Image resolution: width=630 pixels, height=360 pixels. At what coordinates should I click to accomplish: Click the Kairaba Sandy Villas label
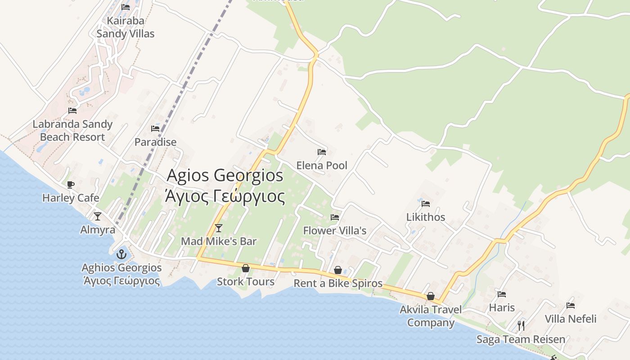pos(125,27)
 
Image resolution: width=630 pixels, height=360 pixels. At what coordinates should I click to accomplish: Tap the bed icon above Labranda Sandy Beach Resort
pos(72,110)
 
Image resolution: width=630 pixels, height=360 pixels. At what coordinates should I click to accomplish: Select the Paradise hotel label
pos(155,142)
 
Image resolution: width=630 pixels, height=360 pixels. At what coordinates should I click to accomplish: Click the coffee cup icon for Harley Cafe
pos(70,184)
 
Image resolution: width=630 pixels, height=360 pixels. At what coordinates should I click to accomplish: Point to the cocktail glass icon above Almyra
pos(97,216)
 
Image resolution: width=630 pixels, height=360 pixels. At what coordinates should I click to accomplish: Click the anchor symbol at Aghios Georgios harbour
pos(121,255)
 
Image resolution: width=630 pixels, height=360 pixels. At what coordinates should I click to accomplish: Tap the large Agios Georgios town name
pos(225,175)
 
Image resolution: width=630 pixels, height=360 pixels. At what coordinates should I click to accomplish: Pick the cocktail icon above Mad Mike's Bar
pos(219,228)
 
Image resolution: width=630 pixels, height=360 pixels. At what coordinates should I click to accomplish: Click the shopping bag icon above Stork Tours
pos(246,269)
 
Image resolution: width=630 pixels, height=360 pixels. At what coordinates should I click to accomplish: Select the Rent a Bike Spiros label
pos(338,283)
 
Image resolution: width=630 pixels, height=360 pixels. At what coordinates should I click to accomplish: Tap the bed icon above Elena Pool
pos(321,152)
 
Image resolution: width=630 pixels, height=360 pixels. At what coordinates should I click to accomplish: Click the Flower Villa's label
pos(334,231)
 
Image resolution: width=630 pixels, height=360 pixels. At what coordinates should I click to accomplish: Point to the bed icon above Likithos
pos(426,203)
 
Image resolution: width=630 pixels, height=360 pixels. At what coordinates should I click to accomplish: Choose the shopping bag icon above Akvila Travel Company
pos(431,296)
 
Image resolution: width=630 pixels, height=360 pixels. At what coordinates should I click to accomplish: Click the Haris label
pos(502,308)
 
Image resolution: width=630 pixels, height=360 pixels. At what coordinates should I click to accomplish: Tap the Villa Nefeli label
pos(571,319)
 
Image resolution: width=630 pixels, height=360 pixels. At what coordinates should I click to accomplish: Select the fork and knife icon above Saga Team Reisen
pos(521,325)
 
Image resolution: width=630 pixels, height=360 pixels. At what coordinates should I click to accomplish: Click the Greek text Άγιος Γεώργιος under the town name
pos(225,197)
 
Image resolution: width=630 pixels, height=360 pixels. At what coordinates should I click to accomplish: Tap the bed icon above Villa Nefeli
pos(571,306)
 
